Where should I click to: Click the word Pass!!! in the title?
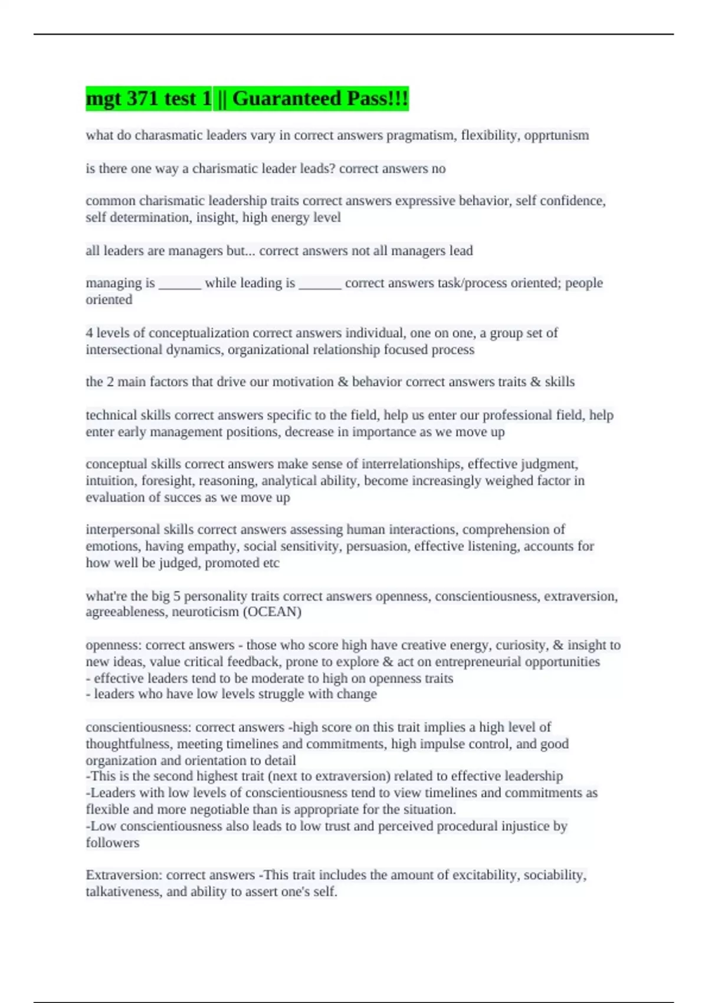[378, 99]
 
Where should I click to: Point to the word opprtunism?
[557, 135]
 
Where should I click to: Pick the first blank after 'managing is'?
[180, 283]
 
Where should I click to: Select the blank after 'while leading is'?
[320, 283]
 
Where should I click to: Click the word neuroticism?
[205, 612]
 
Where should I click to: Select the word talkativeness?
[124, 891]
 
